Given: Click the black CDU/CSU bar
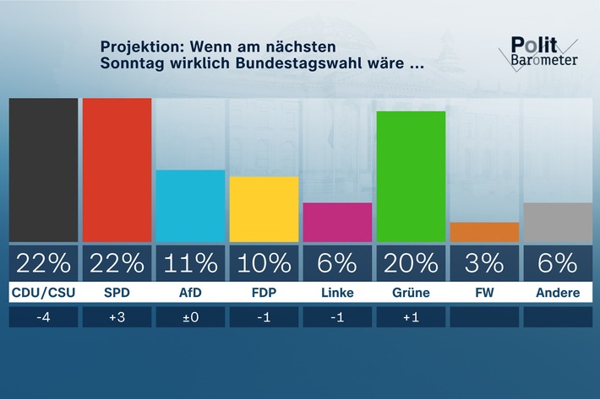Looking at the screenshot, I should click(x=43, y=170).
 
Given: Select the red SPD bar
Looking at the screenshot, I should click(x=117, y=170).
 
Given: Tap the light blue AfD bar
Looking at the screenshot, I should click(x=190, y=206).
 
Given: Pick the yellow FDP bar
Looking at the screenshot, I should click(x=264, y=209).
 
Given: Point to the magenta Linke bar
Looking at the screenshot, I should click(x=337, y=222).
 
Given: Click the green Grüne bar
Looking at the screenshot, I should click(x=411, y=176).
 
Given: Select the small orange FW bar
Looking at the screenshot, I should click(x=484, y=232).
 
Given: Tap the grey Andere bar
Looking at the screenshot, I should click(x=558, y=222).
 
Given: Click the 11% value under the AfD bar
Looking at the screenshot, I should click(x=190, y=263).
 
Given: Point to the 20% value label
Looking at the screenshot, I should click(x=411, y=263).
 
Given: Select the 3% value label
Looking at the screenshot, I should click(x=484, y=263).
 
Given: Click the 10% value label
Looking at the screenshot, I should click(x=264, y=263).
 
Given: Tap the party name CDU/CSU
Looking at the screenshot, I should click(x=43, y=294).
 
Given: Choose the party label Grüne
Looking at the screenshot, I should click(x=411, y=294).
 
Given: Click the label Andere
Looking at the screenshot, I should click(x=558, y=294).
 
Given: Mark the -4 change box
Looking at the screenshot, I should click(x=43, y=317).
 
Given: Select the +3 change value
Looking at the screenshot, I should click(x=117, y=317).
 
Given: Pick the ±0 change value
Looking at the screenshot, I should click(x=190, y=317).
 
